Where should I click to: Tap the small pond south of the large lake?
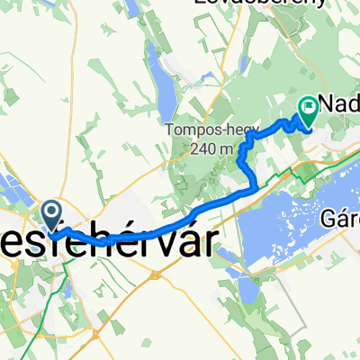(x=245, y=291)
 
